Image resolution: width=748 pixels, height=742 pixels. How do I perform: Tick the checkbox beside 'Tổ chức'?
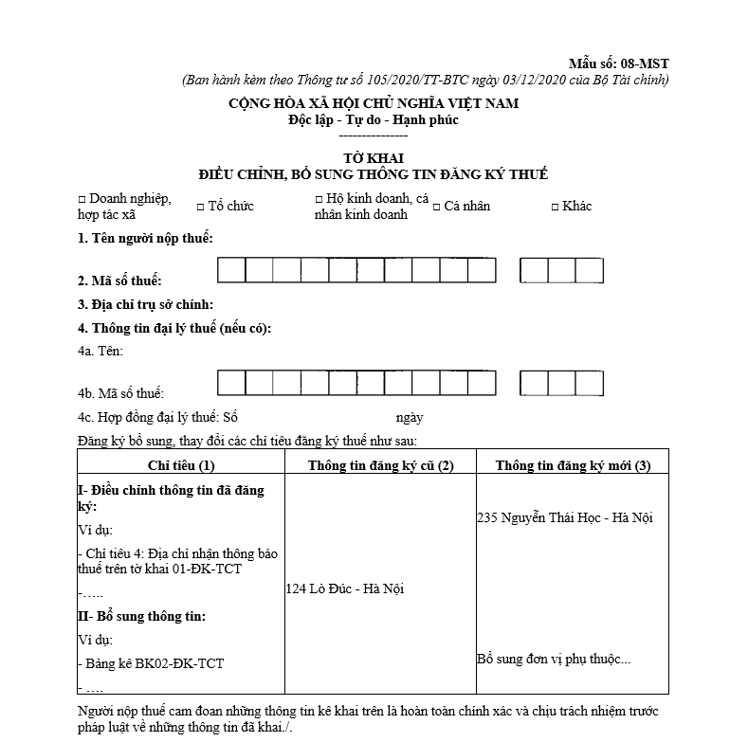[201, 206]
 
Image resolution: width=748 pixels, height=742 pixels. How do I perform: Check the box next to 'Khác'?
[555, 206]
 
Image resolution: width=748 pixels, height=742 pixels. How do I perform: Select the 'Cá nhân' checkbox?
[438, 206]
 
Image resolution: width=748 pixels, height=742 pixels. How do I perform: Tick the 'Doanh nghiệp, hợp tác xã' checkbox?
[82, 199]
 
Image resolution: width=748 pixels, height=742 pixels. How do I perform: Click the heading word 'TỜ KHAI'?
[373, 158]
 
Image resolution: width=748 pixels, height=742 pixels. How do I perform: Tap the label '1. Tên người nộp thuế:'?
[145, 238]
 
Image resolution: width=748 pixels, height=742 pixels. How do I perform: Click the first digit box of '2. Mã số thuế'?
[231, 271]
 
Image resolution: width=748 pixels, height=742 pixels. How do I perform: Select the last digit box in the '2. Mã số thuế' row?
[590, 271]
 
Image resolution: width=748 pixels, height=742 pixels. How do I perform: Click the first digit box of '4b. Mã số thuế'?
[231, 383]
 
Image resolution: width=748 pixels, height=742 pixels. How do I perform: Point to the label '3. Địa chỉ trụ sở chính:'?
[145, 304]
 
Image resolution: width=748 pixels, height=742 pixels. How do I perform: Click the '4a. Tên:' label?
[100, 352]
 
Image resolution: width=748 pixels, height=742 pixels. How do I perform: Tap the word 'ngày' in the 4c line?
[410, 417]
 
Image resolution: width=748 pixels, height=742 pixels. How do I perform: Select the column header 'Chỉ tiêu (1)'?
[181, 464]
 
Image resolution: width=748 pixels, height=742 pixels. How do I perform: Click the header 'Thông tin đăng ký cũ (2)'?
[380, 464]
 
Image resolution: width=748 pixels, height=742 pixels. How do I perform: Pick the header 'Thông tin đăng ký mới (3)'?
[573, 464]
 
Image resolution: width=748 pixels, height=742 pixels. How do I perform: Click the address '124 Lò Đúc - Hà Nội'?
[345, 588]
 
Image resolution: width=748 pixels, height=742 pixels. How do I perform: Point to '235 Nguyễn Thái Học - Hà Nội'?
[565, 517]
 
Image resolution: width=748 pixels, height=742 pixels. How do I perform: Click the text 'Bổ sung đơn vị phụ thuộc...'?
[554, 659]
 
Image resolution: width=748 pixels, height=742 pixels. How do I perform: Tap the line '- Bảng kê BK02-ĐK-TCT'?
[152, 663]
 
